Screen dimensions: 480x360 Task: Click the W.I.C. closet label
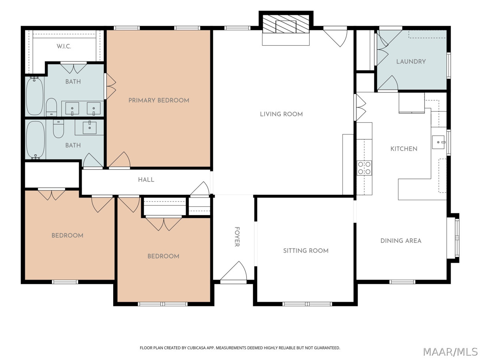[x=64, y=46]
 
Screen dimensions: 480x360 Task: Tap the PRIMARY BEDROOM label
[x=159, y=100]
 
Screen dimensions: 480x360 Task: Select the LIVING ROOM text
[x=281, y=114]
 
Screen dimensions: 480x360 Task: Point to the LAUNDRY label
[x=411, y=62]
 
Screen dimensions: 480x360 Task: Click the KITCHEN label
[x=404, y=149]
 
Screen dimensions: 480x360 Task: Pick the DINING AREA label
[x=401, y=241]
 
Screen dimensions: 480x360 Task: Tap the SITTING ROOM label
[x=306, y=251]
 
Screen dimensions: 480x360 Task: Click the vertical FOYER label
[x=237, y=237]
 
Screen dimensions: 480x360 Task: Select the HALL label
[x=146, y=180]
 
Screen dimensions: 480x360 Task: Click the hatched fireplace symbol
[x=286, y=24]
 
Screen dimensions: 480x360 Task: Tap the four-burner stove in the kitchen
[x=364, y=168]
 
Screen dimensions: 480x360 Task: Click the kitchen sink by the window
[x=439, y=142]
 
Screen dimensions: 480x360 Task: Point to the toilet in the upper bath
[x=51, y=107]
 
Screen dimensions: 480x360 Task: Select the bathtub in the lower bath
[x=36, y=140]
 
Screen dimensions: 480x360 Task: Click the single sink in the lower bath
[x=90, y=128]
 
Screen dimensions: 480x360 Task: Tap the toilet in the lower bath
[x=58, y=128]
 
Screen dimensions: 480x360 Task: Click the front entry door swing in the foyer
[x=234, y=271]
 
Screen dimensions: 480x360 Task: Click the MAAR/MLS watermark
[x=450, y=352]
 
